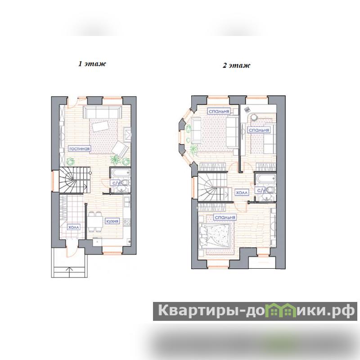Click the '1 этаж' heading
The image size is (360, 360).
[x=92, y=63]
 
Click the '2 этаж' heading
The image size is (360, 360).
[x=236, y=65]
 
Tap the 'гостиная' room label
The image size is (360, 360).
[x=80, y=149]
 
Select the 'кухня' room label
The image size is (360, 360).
[x=112, y=221]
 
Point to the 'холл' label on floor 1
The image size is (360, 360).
[x=74, y=227]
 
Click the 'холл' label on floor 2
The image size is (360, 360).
[x=242, y=193]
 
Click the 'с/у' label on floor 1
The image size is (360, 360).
[x=115, y=183]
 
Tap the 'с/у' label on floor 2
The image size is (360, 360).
[x=260, y=190]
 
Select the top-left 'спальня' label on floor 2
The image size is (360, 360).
[x=219, y=111]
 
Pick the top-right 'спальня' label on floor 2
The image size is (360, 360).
[x=259, y=130]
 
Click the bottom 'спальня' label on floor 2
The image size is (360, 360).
[x=225, y=217]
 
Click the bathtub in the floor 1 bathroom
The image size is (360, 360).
[x=120, y=173]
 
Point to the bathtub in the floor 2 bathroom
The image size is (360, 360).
[x=265, y=178]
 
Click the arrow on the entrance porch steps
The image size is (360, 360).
[x=70, y=269]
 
